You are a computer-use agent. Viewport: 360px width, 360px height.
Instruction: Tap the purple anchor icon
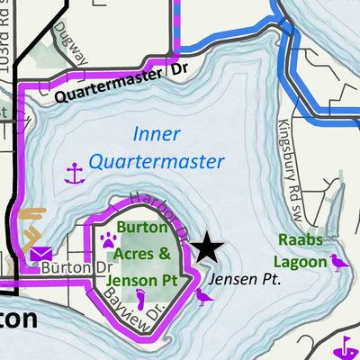coord(74,174)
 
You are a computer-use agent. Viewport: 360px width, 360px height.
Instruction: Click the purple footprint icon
coord(140,296)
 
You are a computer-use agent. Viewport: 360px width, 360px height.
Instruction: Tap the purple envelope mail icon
coord(39,254)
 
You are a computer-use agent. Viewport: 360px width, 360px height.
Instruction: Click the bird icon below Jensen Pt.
coord(203,295)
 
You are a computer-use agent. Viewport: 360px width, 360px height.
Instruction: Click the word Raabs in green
coord(299,240)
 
